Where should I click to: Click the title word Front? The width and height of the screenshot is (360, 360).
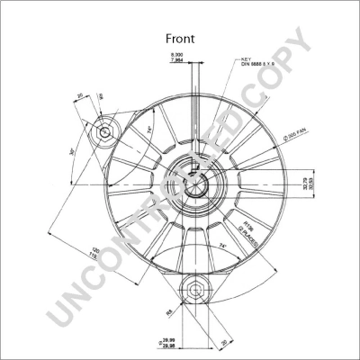coord(180,39)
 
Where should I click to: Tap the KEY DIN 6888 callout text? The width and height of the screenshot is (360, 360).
coord(256,65)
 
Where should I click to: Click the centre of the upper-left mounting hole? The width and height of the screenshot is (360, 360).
coord(105,132)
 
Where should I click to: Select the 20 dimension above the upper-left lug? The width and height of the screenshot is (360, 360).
coord(80,96)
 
